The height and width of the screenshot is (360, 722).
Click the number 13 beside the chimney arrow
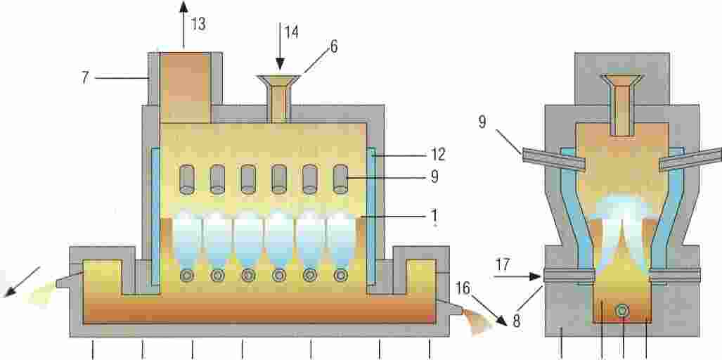coord(198,24)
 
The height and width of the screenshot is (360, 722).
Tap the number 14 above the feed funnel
coord(291,32)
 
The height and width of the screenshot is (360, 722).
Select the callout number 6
coord(333,46)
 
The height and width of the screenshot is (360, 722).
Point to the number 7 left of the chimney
coord(85,77)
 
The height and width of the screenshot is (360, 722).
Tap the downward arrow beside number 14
coord(279,49)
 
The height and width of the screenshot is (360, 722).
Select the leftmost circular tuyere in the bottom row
coord(186,276)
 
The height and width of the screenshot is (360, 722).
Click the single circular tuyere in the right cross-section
coord(623,310)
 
